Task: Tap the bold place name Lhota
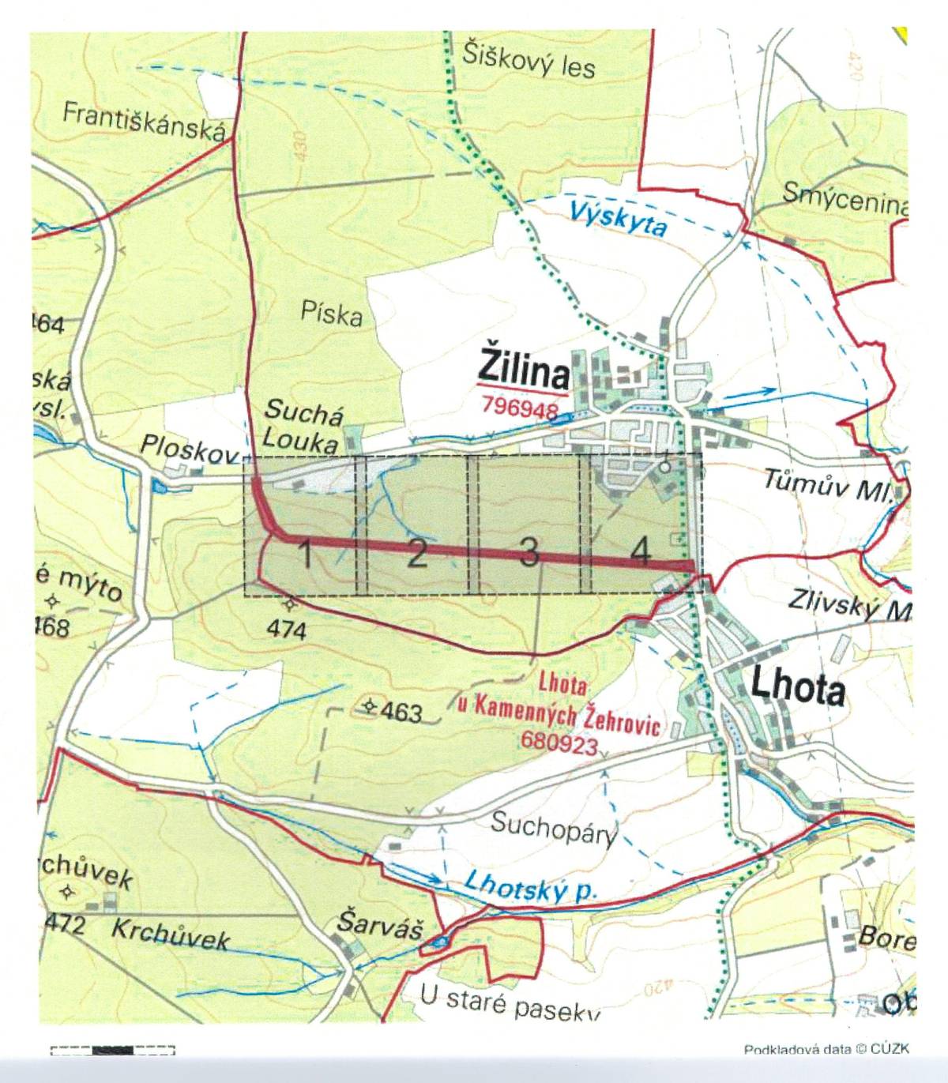pos(798,688)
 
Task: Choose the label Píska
pos(332,314)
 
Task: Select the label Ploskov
pos(190,449)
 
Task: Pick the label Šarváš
pos(368,922)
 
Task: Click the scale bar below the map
pos(112,1050)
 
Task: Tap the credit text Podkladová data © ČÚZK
pos(826,1049)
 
